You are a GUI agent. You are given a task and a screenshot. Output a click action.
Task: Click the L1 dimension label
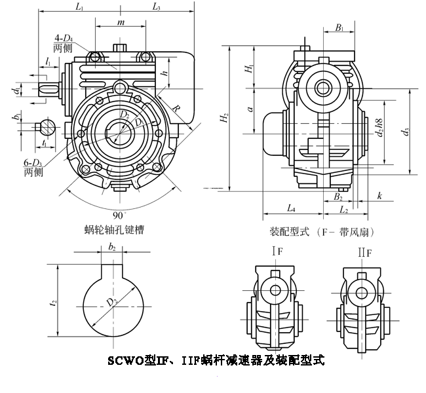tap(79, 7)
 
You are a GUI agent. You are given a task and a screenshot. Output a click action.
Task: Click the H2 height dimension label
tap(224, 118)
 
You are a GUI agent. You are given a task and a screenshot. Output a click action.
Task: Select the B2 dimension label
tap(338, 196)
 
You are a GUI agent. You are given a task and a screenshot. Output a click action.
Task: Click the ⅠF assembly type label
tap(278, 252)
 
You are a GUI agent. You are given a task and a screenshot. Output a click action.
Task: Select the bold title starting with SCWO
tap(216, 360)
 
